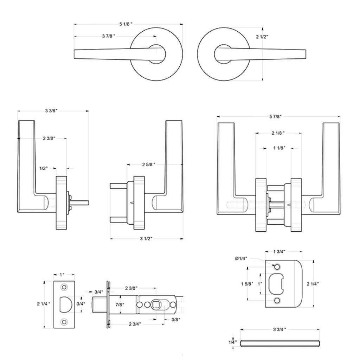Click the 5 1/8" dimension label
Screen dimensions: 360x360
click(126, 24)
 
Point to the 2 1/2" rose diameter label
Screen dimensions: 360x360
click(262, 36)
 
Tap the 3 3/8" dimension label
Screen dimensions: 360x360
click(51, 111)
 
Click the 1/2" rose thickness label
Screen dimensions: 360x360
click(44, 168)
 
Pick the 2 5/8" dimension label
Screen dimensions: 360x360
click(149, 164)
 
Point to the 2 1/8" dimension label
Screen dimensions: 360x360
click(278, 133)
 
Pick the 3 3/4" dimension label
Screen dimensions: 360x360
click(279, 329)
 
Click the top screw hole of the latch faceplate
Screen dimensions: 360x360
click(64, 287)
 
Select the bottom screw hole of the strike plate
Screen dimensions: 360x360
click(277, 301)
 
